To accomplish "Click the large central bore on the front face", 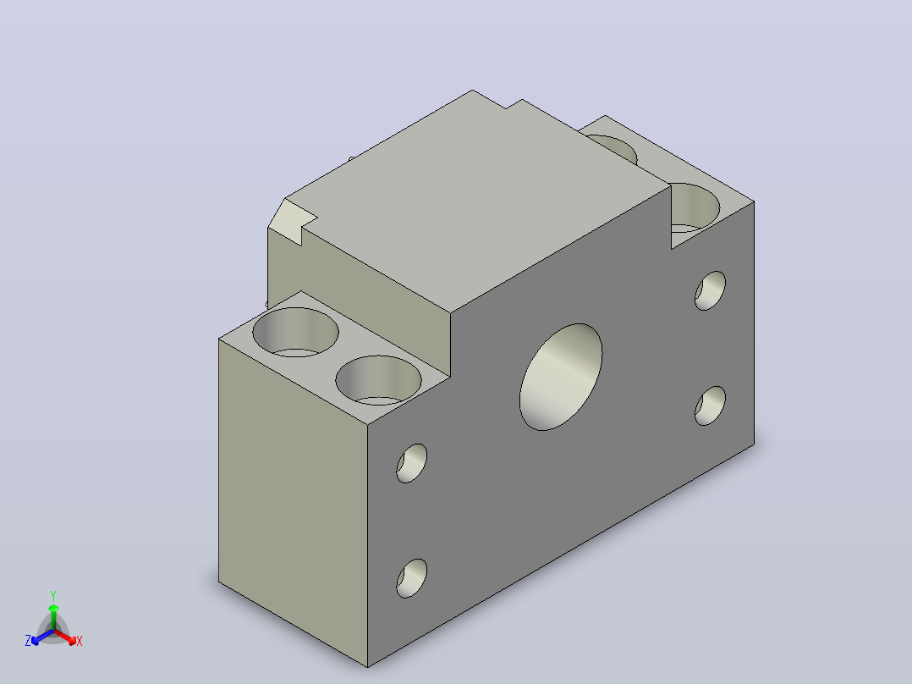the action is coord(561,378).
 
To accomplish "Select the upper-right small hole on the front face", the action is coord(710,290).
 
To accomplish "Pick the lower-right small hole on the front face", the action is coord(710,405).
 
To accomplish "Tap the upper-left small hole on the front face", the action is coord(412,463).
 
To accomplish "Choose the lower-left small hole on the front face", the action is coord(412,579).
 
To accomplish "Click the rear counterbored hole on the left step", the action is coord(295,332).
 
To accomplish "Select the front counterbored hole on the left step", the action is coord(379,380).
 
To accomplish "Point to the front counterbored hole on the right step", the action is coord(695,207).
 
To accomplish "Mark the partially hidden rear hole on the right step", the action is coord(617,148).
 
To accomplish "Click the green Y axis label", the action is coord(53,595).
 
